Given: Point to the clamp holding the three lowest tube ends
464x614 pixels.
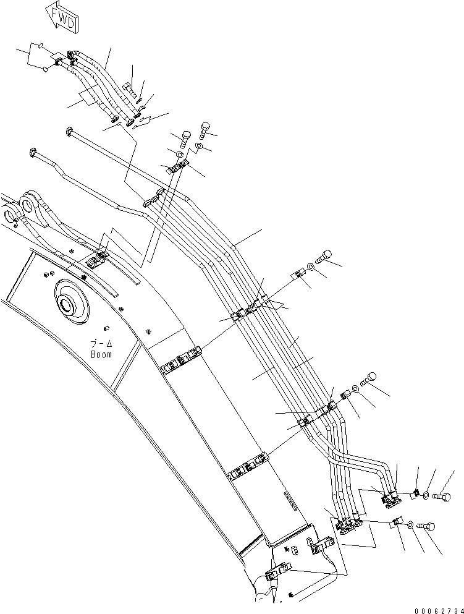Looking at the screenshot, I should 349,524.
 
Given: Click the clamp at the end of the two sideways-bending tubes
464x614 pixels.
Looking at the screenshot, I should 390,498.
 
